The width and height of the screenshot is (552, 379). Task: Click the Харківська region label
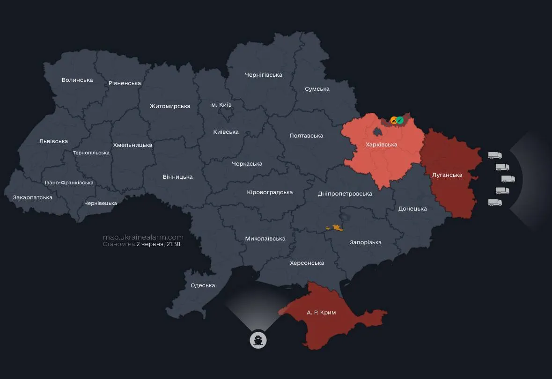[x=382, y=145]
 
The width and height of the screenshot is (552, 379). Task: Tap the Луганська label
[x=447, y=175]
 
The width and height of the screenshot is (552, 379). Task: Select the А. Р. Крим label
[x=321, y=313]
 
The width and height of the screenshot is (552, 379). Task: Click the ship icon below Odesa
[x=258, y=340]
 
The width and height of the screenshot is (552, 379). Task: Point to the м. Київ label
[x=221, y=105]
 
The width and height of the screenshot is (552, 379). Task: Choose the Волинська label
[x=77, y=80]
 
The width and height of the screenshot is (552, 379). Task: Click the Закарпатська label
[x=33, y=197]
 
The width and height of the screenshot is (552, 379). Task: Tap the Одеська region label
[x=203, y=285]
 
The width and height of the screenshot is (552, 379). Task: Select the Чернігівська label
[x=264, y=75]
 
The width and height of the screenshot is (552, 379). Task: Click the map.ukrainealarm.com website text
[x=143, y=237]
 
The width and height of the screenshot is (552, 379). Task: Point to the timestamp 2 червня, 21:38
[x=158, y=244]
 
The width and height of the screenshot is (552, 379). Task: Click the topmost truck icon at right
[x=495, y=155]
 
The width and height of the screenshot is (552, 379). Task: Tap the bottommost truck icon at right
[x=495, y=203]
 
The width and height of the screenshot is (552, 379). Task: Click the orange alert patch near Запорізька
[x=336, y=228]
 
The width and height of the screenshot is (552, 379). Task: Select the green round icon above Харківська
[x=400, y=120]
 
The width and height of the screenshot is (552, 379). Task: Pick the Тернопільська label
[x=91, y=153]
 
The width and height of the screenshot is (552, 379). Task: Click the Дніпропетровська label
[x=345, y=194]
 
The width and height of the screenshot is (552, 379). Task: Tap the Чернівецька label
[x=101, y=203]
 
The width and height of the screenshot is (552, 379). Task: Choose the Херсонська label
[x=307, y=263]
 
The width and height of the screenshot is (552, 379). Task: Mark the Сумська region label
[x=317, y=89]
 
